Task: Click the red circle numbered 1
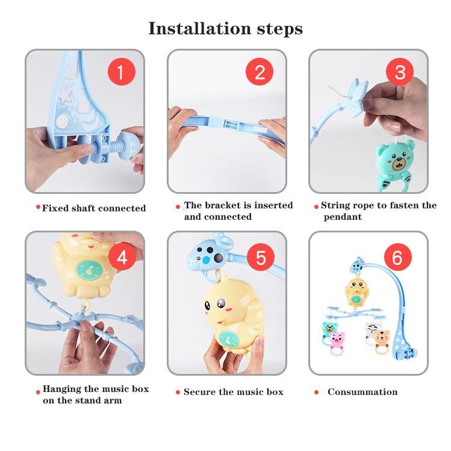coord(122,72)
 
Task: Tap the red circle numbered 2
coord(259,72)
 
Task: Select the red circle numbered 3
coord(400,72)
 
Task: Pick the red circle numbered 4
coord(122,257)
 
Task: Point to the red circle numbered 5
coord(261,257)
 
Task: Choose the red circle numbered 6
coord(397,257)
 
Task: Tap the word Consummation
coord(362,392)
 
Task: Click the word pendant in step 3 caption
coord(343,217)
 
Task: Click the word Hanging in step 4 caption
coord(61,389)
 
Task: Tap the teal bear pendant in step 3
coord(396,165)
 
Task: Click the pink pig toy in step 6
coord(337,343)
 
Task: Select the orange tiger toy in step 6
coord(382,341)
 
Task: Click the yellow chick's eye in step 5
coord(221,303)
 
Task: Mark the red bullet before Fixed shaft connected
coord(38,207)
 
